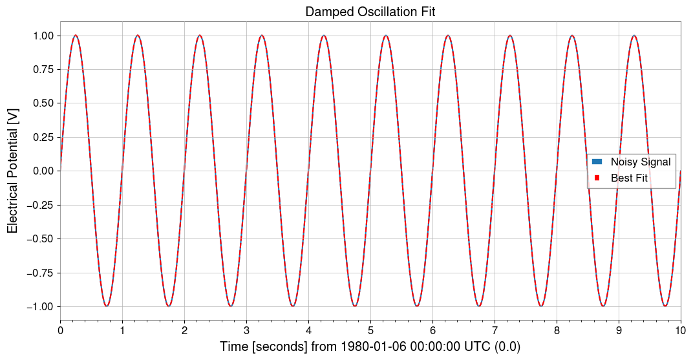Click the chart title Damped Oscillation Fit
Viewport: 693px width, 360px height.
370,12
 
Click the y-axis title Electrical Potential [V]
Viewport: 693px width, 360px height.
12,171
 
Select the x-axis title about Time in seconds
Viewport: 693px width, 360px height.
370,347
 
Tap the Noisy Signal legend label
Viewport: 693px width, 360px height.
640,162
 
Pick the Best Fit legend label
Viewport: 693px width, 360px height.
629,178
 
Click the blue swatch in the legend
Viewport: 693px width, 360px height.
597,162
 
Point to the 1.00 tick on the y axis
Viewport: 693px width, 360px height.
42,36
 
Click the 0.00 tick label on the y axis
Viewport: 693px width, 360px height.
42,171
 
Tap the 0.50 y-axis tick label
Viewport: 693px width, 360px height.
42,103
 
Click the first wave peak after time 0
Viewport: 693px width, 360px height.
76,36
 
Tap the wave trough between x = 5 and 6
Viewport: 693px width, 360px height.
417,306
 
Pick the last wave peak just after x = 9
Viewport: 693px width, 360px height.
634,36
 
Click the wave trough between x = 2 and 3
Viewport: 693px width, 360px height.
231,306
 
